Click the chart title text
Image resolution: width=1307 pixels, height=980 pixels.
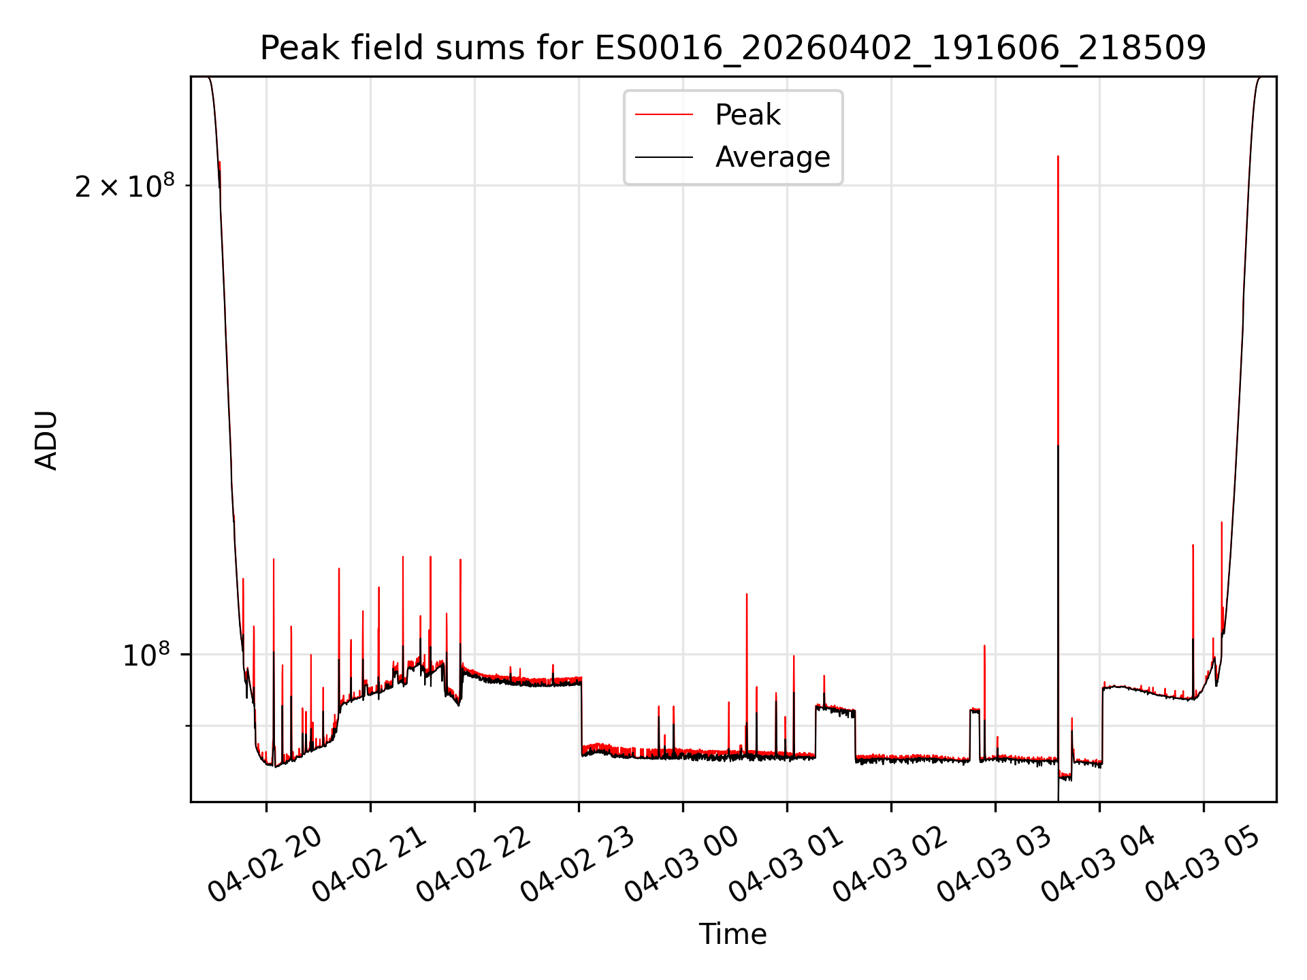tap(733, 48)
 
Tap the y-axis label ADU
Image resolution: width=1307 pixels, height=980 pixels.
tap(46, 440)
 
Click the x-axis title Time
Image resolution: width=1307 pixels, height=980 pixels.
tap(733, 934)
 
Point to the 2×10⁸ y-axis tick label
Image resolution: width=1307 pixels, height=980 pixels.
tap(125, 186)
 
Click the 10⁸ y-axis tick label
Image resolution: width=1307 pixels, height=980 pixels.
tap(146, 655)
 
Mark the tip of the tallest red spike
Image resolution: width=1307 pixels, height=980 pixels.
tap(1058, 157)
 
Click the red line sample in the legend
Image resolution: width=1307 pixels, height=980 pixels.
tap(664, 115)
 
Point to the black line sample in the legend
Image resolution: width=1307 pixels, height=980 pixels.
tap(664, 157)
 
